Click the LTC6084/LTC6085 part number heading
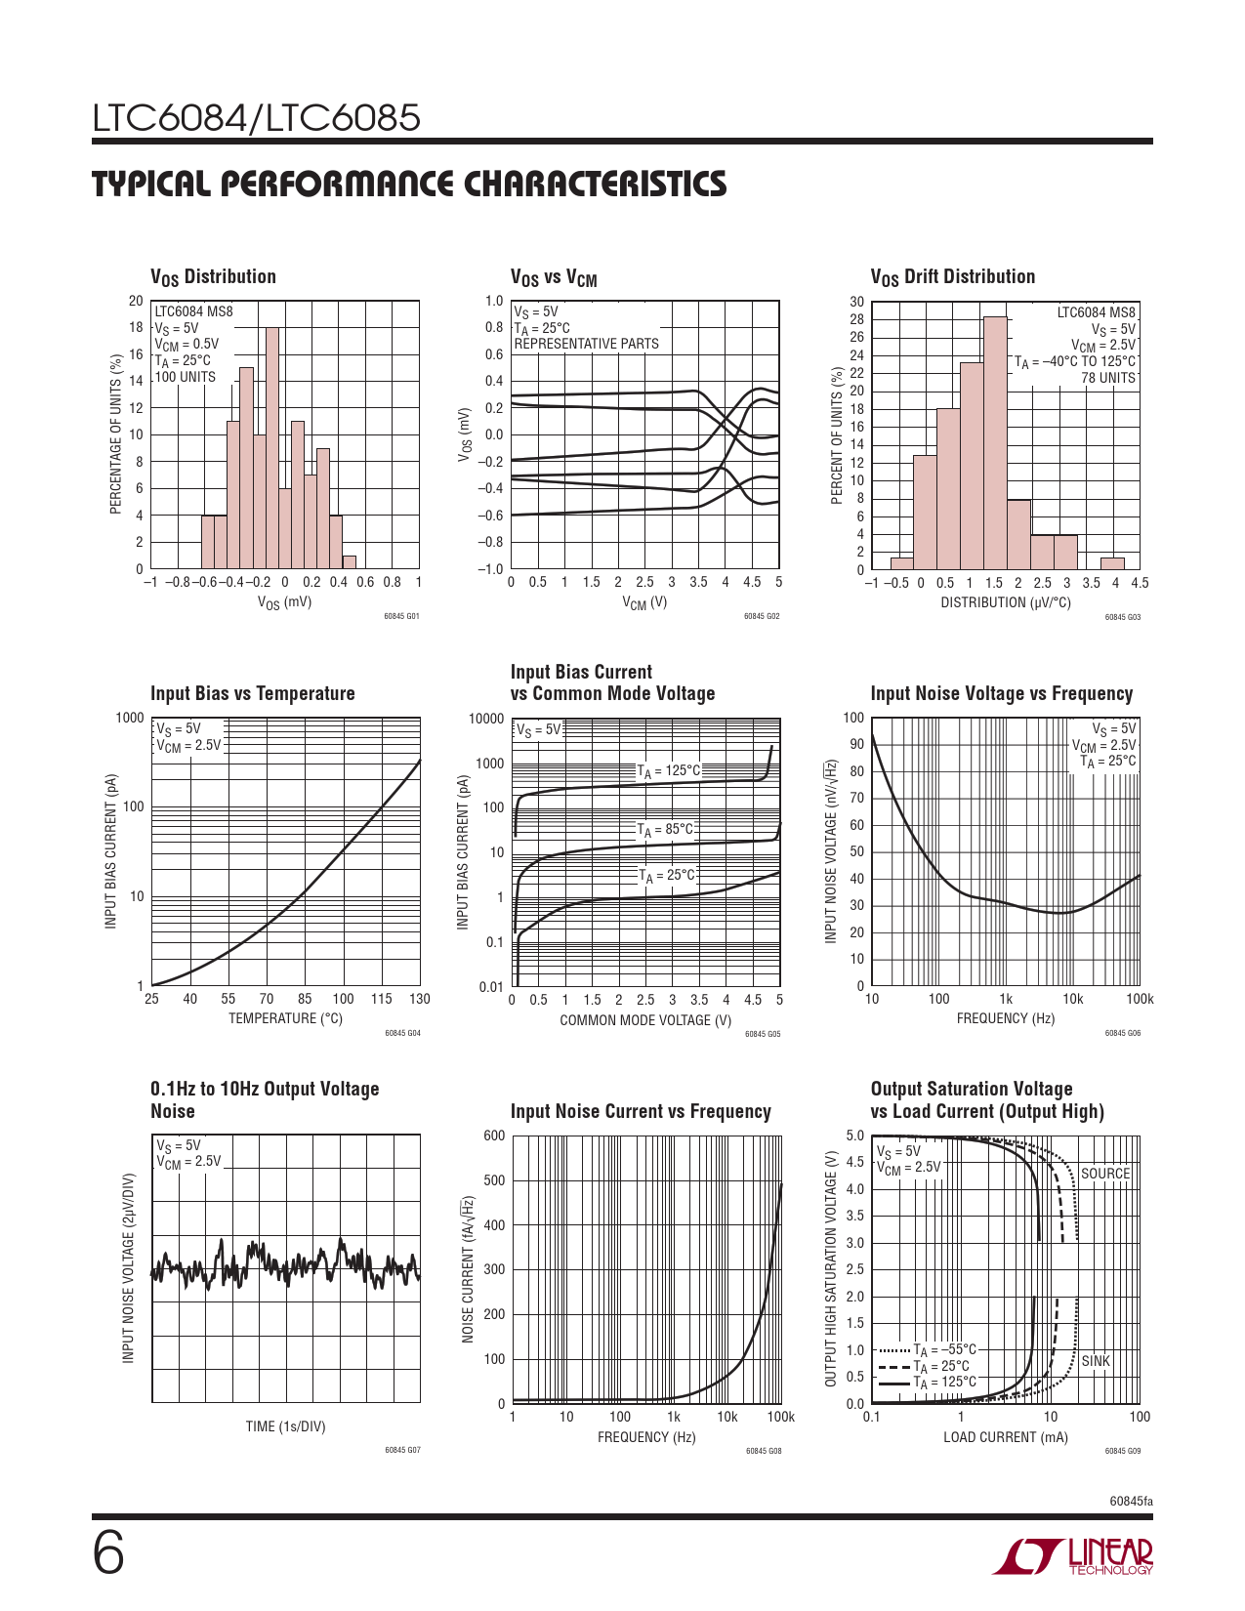(x=257, y=118)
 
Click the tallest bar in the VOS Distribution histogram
(x=272, y=448)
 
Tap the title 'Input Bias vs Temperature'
(x=252, y=693)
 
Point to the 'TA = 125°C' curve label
(x=669, y=771)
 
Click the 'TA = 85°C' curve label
(x=665, y=831)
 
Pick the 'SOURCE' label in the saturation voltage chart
(x=1104, y=1174)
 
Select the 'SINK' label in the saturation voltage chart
(x=1096, y=1361)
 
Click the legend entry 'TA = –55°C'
(x=944, y=1350)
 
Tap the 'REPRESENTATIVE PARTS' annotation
(x=586, y=344)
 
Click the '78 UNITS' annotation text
(x=1108, y=378)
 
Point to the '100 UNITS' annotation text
(x=186, y=377)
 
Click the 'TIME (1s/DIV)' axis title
(x=285, y=1426)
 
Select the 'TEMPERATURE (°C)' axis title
(x=285, y=1018)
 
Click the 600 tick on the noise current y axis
(x=494, y=1136)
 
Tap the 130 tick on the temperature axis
(x=419, y=999)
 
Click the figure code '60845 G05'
(x=763, y=1034)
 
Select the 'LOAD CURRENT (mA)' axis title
(x=1005, y=1437)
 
